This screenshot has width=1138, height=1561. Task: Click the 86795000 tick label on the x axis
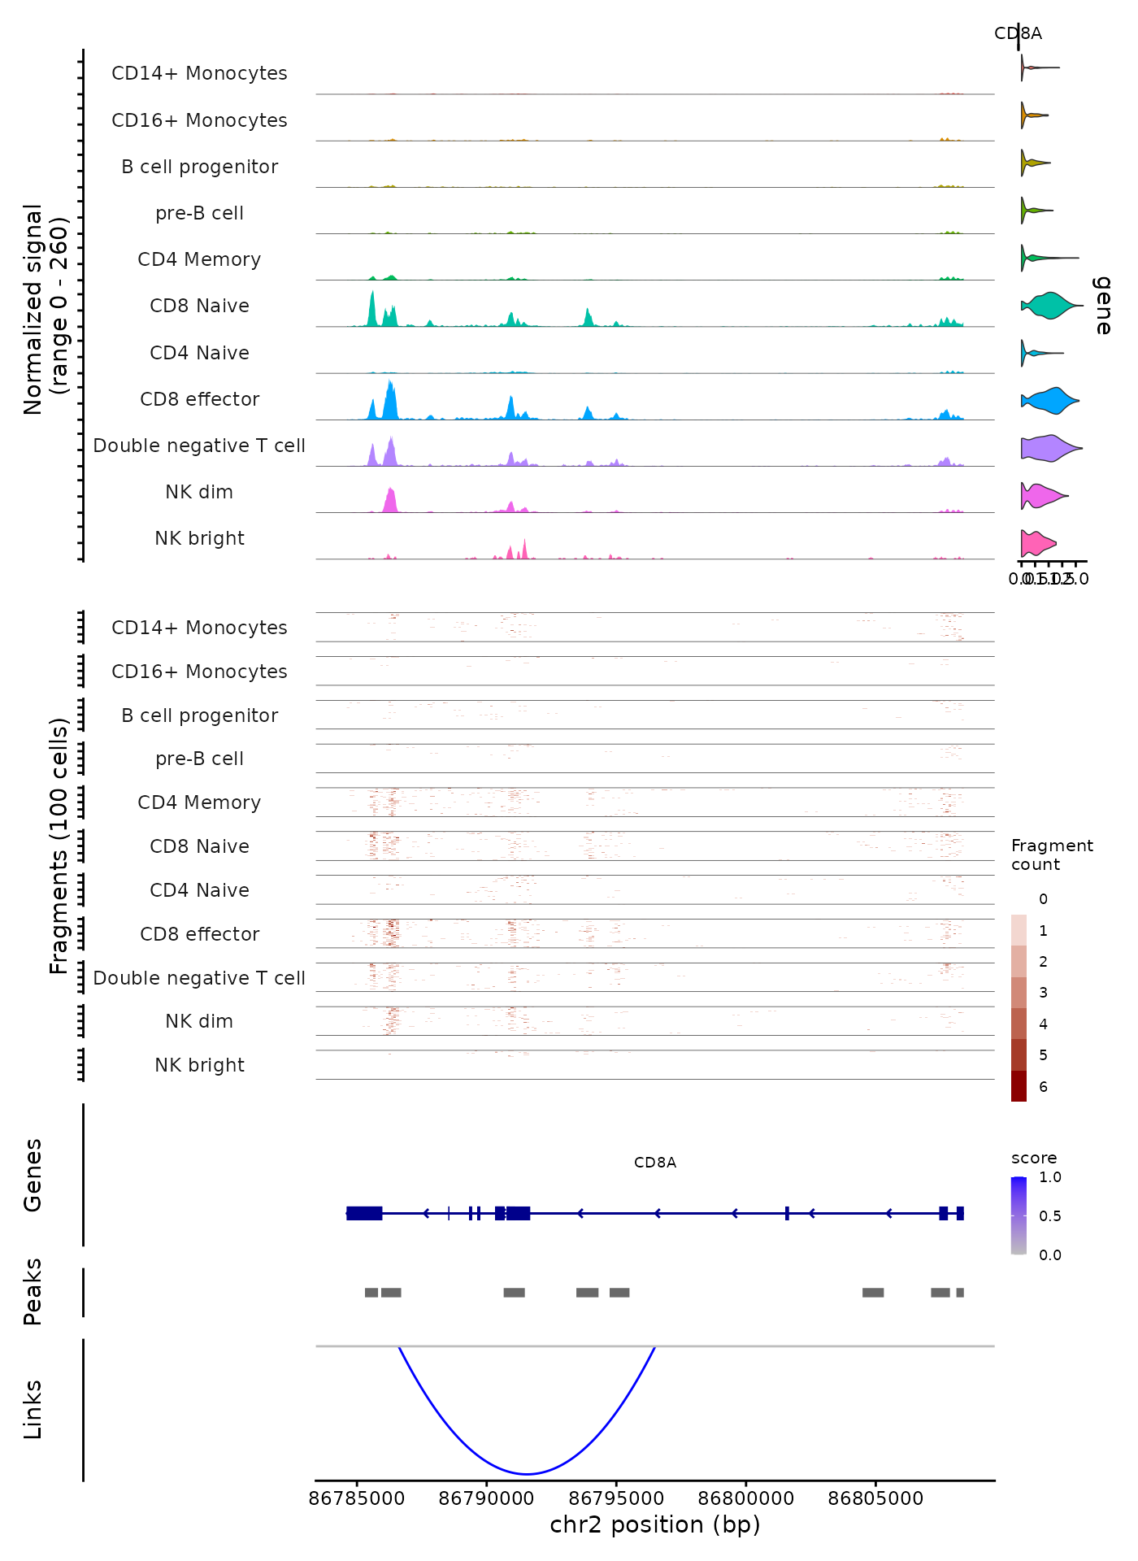click(615, 1498)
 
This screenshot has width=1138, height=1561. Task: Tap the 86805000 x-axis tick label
click(875, 1498)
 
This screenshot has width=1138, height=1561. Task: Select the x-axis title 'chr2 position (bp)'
click(654, 1524)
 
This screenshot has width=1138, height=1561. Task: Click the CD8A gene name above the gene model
click(655, 1163)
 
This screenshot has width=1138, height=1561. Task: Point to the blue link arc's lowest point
click(527, 1473)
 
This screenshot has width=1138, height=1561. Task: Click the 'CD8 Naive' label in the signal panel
click(199, 307)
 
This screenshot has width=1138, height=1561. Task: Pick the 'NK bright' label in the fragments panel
click(199, 1065)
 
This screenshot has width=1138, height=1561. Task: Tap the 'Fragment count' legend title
click(1052, 855)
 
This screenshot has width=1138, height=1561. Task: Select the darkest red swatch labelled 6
click(1019, 1086)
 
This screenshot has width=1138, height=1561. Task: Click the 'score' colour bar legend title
click(1034, 1158)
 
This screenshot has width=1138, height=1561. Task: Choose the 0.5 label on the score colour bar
click(1050, 1216)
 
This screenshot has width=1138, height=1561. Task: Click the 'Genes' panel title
click(33, 1175)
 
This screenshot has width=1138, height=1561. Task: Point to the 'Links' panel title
click(33, 1410)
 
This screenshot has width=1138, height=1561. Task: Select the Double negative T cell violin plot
click(1050, 447)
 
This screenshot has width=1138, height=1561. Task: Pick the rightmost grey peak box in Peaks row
click(960, 1293)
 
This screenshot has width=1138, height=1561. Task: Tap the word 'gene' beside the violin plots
click(1102, 305)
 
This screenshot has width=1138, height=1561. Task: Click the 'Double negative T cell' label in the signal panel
click(199, 446)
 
